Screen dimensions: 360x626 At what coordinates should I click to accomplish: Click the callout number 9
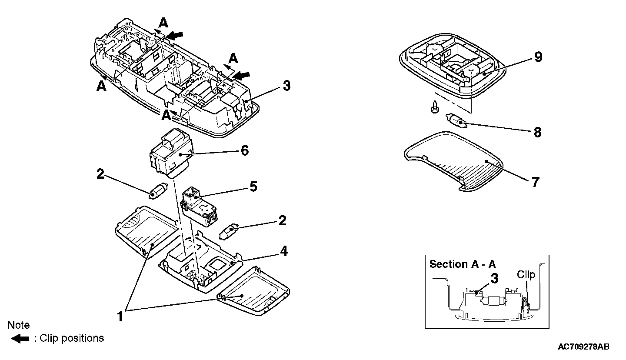pyautogui.click(x=538, y=57)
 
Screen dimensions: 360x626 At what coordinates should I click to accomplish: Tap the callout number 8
pyautogui.click(x=537, y=132)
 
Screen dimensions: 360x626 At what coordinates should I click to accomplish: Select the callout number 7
pyautogui.click(x=535, y=182)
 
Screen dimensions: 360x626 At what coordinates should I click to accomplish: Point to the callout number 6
pyautogui.click(x=244, y=151)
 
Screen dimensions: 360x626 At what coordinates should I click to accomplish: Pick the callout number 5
pyautogui.click(x=253, y=187)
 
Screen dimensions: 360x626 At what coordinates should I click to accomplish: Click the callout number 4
pyautogui.click(x=283, y=251)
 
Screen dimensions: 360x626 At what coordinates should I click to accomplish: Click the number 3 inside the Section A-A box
pyautogui.click(x=494, y=279)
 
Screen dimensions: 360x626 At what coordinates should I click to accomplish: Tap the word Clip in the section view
pyautogui.click(x=526, y=275)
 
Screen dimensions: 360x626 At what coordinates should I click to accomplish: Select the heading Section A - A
pyautogui.click(x=463, y=264)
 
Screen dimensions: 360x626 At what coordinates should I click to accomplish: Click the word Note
pyautogui.click(x=19, y=325)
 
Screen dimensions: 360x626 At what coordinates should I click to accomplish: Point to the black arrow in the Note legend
pyautogui.click(x=20, y=339)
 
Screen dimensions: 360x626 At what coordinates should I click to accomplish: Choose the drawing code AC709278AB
pyautogui.click(x=583, y=347)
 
